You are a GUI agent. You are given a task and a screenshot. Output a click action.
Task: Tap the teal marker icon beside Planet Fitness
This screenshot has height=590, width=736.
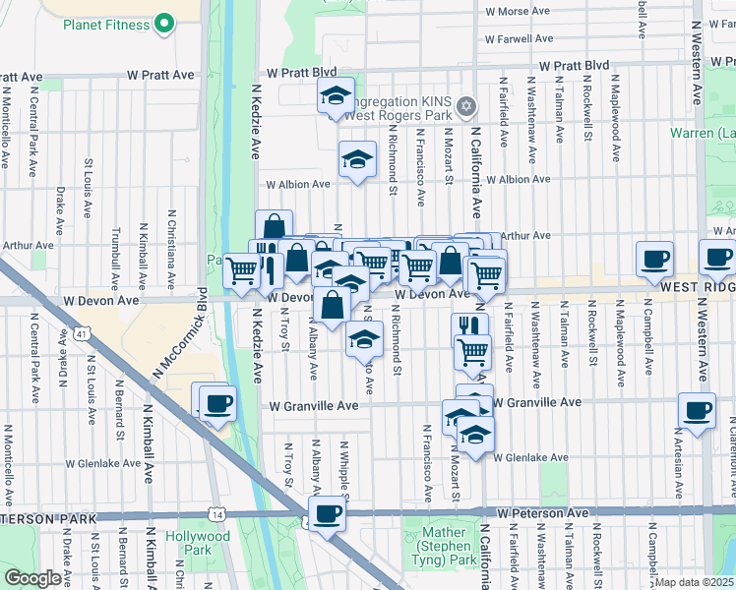click(x=163, y=21)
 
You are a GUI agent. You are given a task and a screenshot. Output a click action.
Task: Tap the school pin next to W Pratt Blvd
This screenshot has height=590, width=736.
click(x=336, y=96)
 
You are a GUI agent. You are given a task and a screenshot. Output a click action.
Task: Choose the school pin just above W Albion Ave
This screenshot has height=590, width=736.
click(x=357, y=158)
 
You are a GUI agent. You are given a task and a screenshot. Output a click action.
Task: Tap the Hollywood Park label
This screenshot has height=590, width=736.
click(x=197, y=543)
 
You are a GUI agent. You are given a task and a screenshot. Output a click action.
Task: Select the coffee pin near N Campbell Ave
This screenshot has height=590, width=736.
click(x=654, y=260)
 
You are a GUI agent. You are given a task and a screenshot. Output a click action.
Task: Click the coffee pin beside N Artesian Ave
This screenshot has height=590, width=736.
click(x=698, y=411)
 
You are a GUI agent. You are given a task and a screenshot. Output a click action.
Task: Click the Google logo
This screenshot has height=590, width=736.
click(x=32, y=578)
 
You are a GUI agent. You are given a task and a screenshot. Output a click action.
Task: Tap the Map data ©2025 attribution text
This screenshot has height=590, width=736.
click(x=693, y=582)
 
